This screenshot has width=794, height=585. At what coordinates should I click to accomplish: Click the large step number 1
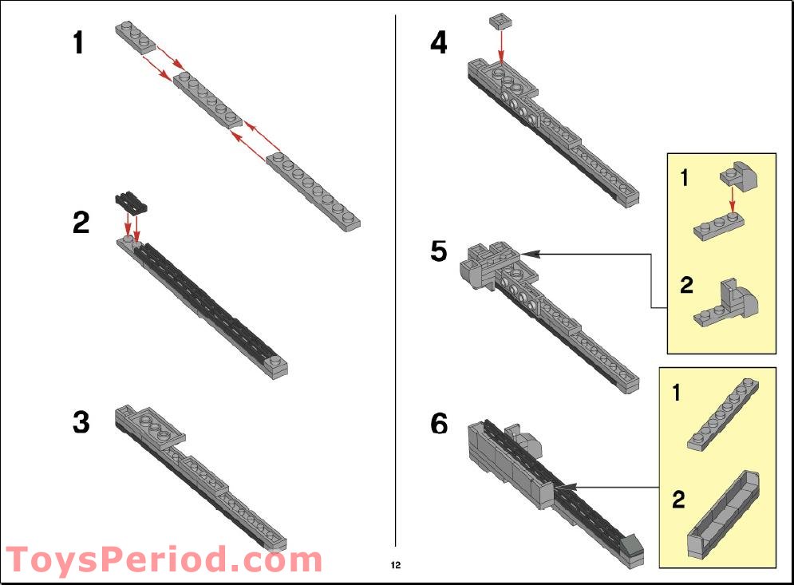tap(78, 42)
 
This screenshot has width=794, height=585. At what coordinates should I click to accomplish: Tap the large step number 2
tap(81, 223)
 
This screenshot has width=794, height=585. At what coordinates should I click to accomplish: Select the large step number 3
tap(81, 422)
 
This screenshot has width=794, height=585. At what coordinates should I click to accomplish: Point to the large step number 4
tap(439, 42)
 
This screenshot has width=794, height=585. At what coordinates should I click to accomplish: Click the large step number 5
tap(439, 251)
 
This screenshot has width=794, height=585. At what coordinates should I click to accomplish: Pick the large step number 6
tap(439, 424)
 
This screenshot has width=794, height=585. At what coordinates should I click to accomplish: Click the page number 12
tap(396, 565)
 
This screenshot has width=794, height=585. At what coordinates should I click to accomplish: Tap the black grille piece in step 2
tap(131, 202)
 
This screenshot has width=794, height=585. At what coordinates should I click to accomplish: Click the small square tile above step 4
tap(501, 22)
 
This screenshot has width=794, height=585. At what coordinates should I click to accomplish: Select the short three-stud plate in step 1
tap(135, 38)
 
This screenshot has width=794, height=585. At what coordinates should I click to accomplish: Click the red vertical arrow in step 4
tap(501, 46)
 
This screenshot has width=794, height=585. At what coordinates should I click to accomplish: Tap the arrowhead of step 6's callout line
tap(566, 488)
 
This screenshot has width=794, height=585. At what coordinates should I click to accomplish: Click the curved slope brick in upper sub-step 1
tap(738, 176)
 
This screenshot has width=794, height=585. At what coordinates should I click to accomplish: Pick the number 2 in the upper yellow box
tap(686, 285)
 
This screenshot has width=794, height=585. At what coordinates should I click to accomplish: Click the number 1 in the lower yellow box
tap(677, 393)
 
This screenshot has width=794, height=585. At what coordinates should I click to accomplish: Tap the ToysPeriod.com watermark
tap(164, 559)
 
